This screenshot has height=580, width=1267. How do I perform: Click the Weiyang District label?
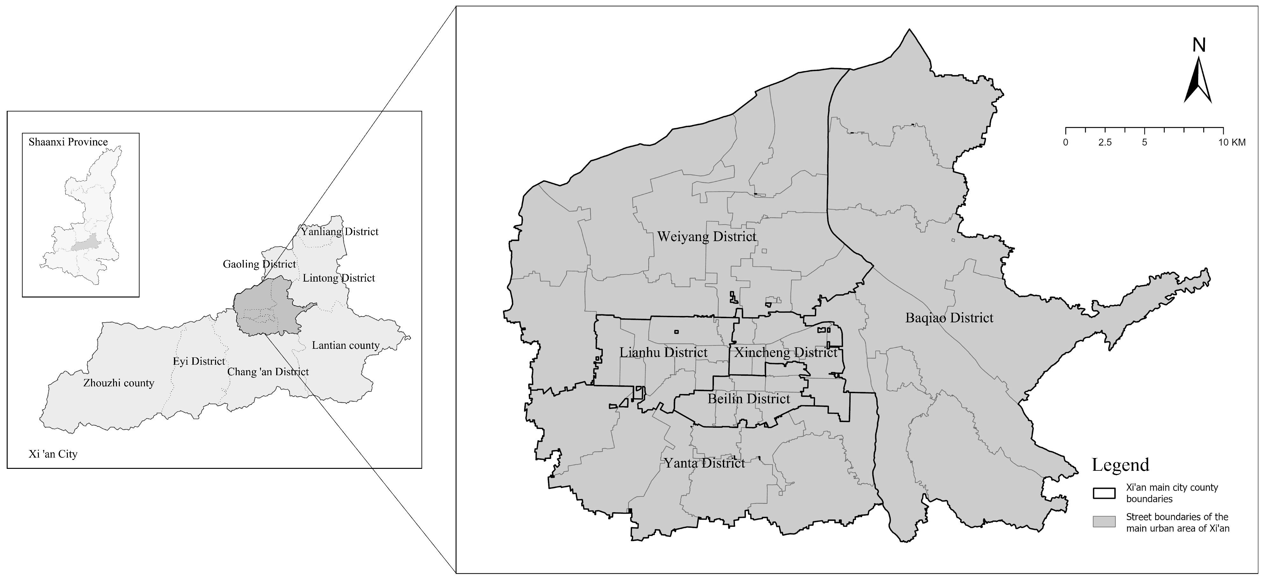pos(707,237)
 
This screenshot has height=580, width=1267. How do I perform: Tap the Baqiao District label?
pos(949,318)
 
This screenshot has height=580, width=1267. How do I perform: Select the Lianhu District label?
pos(664,352)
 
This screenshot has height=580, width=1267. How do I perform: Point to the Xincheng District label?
pos(786,352)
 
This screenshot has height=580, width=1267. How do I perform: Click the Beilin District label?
pos(749,399)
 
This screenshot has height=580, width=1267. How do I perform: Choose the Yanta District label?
pos(704,463)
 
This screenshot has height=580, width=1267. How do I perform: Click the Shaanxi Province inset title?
pos(68,142)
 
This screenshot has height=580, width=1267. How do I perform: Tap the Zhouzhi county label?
pos(119,383)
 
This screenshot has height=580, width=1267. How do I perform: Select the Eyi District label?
pos(199,361)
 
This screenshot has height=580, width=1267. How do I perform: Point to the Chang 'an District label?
pos(268,372)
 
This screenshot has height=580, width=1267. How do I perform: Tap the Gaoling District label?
pos(259,264)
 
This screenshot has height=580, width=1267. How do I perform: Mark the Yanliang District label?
pos(339,232)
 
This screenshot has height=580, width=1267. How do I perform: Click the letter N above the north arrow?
pos(1199,45)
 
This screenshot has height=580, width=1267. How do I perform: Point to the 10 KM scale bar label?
pos(1232,143)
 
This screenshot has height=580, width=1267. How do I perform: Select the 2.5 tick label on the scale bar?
pos(1105,143)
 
